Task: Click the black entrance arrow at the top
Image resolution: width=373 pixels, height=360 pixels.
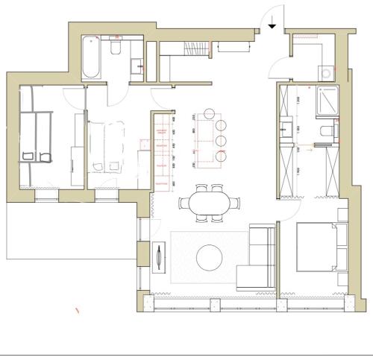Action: pos(273,23)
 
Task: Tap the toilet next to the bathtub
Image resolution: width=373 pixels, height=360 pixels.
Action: pos(116,49)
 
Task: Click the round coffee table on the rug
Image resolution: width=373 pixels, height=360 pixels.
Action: pos(211,258)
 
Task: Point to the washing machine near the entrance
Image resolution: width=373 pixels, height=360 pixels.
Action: pos(328,72)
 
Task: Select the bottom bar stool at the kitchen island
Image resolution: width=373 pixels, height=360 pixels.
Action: pos(221,157)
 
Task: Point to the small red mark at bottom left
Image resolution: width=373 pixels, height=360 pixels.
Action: pos(77,309)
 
